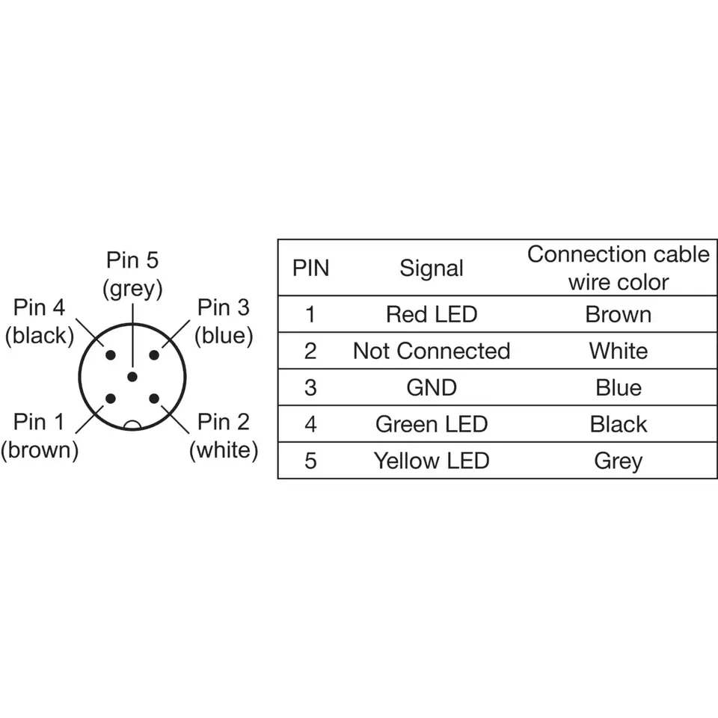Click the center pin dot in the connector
[132, 376]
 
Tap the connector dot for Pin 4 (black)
[111, 355]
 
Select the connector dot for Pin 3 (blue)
[154, 355]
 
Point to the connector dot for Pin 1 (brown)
[111, 399]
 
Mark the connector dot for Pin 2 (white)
[154, 399]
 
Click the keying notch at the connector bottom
[132, 426]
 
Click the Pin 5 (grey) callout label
[132, 274]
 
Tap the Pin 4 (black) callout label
[40, 322]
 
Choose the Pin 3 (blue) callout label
[224, 322]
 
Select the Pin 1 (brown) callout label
[40, 436]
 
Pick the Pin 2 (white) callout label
[224, 436]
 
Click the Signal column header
[432, 269]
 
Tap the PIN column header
[310, 269]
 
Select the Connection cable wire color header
[618, 268]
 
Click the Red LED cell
[432, 314]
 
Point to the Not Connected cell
[432, 351]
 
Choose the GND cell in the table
[432, 387]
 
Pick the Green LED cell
[432, 424]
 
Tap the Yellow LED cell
[432, 461]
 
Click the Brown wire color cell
[618, 314]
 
